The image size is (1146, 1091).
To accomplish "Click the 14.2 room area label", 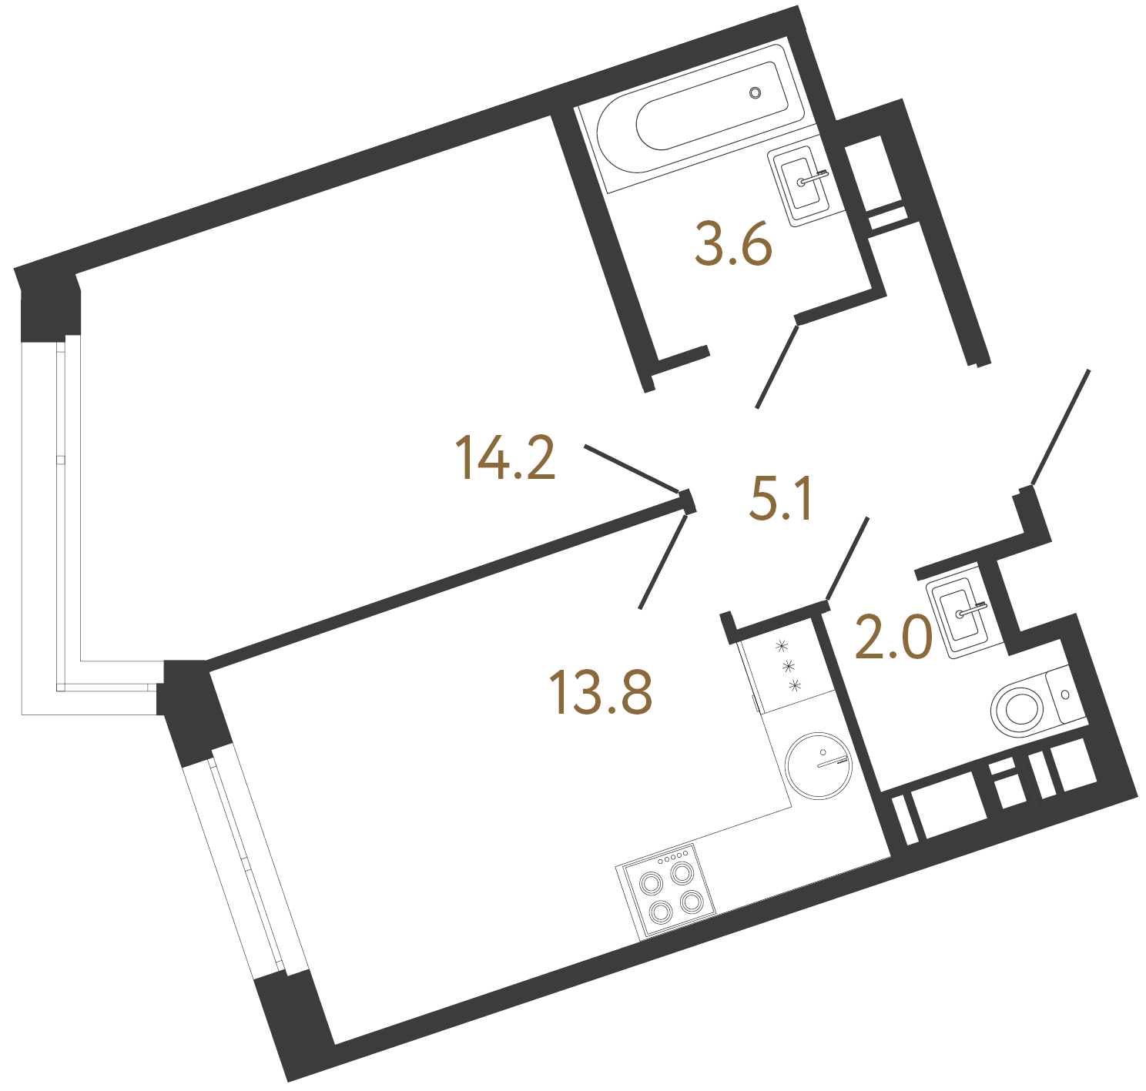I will tap(505, 458).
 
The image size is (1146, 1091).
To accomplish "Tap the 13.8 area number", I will tap(601, 692).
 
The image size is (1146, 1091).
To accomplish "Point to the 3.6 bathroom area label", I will tap(732, 244).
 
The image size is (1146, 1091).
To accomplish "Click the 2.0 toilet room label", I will tap(893, 638).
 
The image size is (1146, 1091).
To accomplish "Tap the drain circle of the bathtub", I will tap(756, 93).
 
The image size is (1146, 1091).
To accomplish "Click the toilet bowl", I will tap(1020, 708).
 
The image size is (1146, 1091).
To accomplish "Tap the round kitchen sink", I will tap(819, 765).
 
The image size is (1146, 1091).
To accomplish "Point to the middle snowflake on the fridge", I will tap(788, 664).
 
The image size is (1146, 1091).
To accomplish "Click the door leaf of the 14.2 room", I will tap(632, 468).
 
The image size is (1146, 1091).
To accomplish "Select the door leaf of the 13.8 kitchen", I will tap(662, 562).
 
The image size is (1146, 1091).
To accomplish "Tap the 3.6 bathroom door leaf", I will tap(776, 366).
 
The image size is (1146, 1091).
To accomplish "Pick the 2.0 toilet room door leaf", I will tap(847, 557).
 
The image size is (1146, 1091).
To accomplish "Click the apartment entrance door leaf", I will tap(1061, 427).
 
